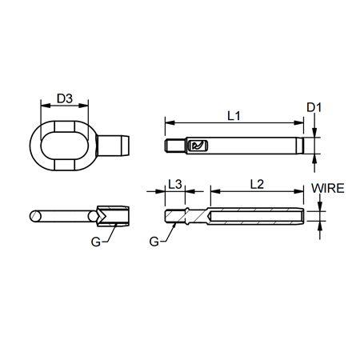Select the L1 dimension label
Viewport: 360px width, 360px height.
pos(234,116)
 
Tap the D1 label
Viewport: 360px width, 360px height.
pos(314,106)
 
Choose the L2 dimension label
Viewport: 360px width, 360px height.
pos(257,184)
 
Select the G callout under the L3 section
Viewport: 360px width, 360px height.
pos(154,240)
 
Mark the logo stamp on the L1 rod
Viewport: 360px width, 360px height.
pos(197,146)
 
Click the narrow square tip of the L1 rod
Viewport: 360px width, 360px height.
pos(170,146)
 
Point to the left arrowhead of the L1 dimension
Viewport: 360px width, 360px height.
pos(167,123)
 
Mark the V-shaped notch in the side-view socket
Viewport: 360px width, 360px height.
pos(102,217)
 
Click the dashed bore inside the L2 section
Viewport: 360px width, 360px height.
pos(256,215)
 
